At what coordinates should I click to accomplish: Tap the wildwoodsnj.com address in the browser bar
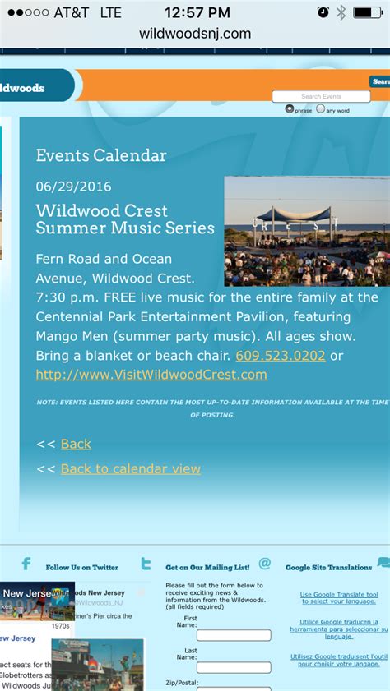(195, 34)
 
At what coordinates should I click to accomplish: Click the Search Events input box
(321, 96)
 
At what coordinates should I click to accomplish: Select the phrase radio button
(290, 109)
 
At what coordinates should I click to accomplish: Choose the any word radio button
(321, 109)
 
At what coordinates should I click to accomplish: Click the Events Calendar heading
(101, 155)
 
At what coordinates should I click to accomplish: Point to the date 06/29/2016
(73, 187)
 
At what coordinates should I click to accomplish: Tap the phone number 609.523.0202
(281, 356)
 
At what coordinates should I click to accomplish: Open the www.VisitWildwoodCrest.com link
(151, 375)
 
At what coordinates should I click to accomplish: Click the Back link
(76, 444)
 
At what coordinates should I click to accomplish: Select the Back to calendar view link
(130, 468)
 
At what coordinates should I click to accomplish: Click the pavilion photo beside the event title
(306, 231)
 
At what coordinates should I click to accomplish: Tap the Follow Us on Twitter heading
(82, 567)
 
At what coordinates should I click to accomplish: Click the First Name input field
(234, 635)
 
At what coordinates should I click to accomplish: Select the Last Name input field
(234, 667)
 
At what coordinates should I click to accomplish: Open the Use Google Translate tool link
(339, 597)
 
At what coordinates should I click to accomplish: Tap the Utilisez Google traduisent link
(339, 660)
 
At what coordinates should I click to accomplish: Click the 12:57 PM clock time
(197, 12)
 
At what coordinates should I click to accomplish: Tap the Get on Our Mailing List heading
(207, 567)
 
